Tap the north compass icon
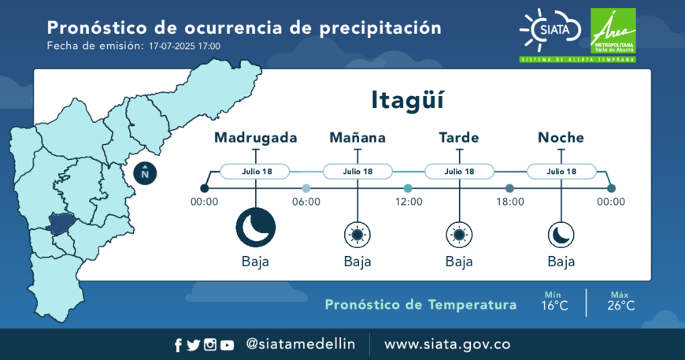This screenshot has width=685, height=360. (x=145, y=173)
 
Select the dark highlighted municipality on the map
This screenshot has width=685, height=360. (x=61, y=223)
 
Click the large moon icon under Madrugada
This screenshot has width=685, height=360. (x=256, y=227)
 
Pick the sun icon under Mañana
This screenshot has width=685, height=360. (x=357, y=235)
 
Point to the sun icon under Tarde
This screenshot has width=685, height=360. (x=459, y=235)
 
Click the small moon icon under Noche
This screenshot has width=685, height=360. (x=561, y=235)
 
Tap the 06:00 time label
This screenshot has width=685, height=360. (x=306, y=202)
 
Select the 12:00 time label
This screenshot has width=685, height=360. (x=409, y=202)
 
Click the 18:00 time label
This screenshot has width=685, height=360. (x=510, y=202)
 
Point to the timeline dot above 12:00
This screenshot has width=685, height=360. (x=408, y=188)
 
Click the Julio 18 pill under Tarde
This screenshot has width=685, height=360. (x=459, y=171)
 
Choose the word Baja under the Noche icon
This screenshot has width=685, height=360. (x=561, y=262)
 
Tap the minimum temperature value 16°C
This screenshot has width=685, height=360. (x=554, y=306)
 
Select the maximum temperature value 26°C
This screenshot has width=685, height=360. (x=620, y=306)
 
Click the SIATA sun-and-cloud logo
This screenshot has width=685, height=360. (x=550, y=30)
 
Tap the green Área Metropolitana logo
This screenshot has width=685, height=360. (x=613, y=32)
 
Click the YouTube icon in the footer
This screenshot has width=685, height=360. (x=227, y=345)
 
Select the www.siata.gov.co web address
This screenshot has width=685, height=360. (x=447, y=344)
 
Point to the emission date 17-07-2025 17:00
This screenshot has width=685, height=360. (x=184, y=46)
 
